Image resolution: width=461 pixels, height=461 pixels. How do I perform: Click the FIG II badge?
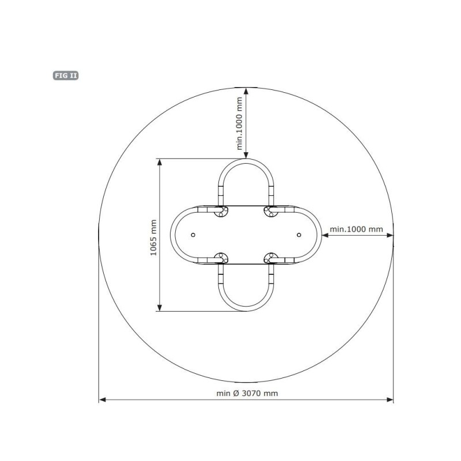tap(66, 75)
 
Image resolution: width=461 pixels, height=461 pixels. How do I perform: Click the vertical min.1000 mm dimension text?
tap(240, 123)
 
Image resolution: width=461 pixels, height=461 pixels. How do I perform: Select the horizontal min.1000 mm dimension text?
tap(356, 229)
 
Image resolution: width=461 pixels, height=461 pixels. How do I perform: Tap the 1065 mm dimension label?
tap(153, 237)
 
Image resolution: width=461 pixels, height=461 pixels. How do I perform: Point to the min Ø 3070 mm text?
tap(247, 394)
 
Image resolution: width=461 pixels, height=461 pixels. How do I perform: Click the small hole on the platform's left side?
tap(193, 235)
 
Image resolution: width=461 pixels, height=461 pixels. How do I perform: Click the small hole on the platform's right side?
tap(299, 235)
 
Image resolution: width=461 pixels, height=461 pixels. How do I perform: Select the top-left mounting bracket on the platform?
tap(221, 211)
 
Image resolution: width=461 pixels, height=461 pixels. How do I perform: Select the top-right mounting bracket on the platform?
tap(271, 211)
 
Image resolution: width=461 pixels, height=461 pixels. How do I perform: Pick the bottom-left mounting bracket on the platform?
tap(221, 258)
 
